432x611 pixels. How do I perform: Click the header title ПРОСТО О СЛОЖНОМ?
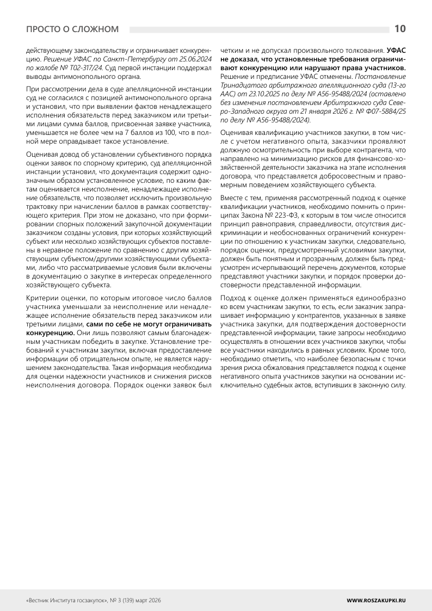click(72, 29)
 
